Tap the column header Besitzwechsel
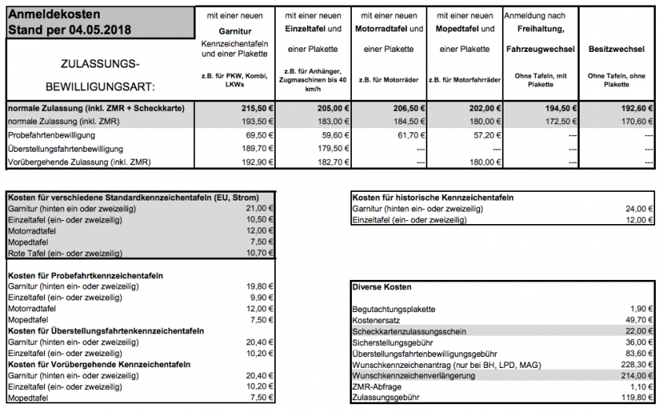tap(616, 49)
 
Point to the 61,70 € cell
tap(409, 135)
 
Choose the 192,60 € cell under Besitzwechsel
tap(636, 109)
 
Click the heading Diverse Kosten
tap(382, 287)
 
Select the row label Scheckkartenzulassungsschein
tap(409, 332)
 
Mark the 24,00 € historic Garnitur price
tap(637, 208)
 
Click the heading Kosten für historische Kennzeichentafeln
tap(433, 197)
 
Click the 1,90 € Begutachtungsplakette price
tap(639, 310)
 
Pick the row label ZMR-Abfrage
tap(378, 388)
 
